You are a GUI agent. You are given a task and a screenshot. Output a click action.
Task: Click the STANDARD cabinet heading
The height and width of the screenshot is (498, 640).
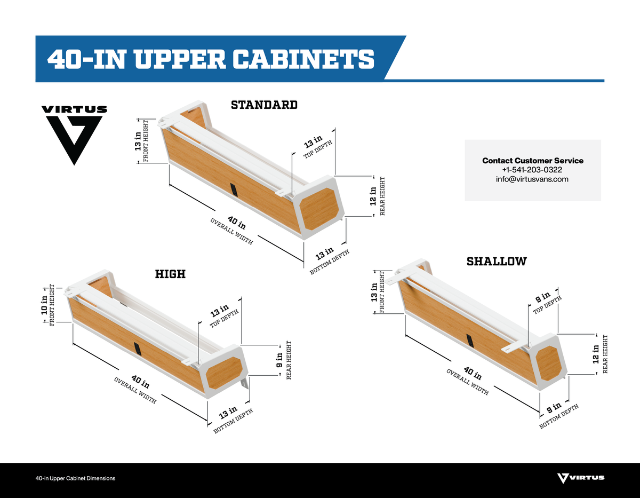264,105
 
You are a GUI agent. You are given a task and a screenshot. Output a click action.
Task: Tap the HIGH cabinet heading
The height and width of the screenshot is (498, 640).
170,274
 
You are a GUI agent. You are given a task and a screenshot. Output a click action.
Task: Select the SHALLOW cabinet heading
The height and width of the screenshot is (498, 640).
497,262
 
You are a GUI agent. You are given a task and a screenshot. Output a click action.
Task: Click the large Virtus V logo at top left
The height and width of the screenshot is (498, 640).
74,135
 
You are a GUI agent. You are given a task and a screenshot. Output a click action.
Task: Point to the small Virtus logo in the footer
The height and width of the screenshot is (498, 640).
581,478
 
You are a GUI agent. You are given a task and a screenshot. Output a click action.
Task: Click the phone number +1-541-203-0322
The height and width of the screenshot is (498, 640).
532,170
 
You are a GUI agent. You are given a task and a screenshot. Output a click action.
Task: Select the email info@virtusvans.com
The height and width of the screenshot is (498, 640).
532,179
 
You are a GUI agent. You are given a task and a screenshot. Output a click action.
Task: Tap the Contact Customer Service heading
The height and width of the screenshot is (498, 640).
533,161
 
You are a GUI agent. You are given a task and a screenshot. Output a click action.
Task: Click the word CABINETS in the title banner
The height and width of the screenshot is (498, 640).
303,59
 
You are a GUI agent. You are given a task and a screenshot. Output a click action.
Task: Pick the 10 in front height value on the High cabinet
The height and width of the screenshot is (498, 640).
44,305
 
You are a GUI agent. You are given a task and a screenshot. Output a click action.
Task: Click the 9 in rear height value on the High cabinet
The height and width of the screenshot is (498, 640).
279,360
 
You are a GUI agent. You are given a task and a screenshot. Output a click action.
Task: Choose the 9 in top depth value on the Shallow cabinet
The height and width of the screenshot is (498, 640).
542,297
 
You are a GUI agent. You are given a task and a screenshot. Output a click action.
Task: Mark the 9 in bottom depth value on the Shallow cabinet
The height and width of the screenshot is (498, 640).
554,408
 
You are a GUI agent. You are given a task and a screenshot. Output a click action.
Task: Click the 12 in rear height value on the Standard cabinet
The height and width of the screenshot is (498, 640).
373,196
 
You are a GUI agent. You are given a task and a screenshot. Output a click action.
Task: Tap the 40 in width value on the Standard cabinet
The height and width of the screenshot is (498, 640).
236,223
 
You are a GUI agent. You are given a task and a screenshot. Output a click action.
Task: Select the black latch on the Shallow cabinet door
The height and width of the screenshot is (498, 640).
470,341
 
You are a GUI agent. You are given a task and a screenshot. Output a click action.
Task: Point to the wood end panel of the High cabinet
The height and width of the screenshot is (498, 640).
224,373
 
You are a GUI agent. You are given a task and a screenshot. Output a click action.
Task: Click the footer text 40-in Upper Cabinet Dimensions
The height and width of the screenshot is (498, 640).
75,478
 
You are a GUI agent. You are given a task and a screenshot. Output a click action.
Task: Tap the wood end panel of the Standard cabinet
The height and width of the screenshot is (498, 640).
319,209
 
